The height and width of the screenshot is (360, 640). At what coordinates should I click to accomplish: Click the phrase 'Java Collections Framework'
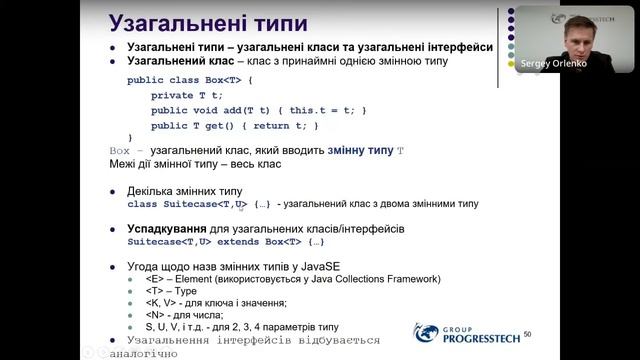(x=369, y=279)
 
